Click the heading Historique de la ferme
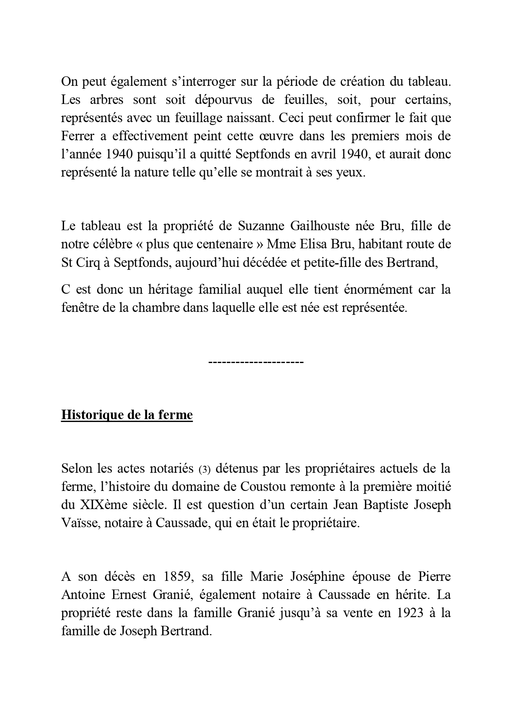tap(127, 415)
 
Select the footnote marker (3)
tap(205, 469)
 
